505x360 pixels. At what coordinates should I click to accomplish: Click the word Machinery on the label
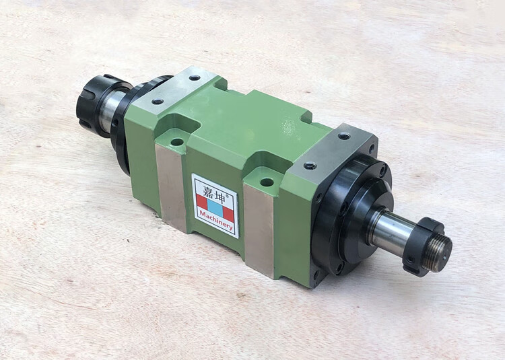coord(215,221)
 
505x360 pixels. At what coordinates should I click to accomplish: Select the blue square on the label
coord(215,208)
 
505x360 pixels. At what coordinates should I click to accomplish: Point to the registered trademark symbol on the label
coord(227,196)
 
